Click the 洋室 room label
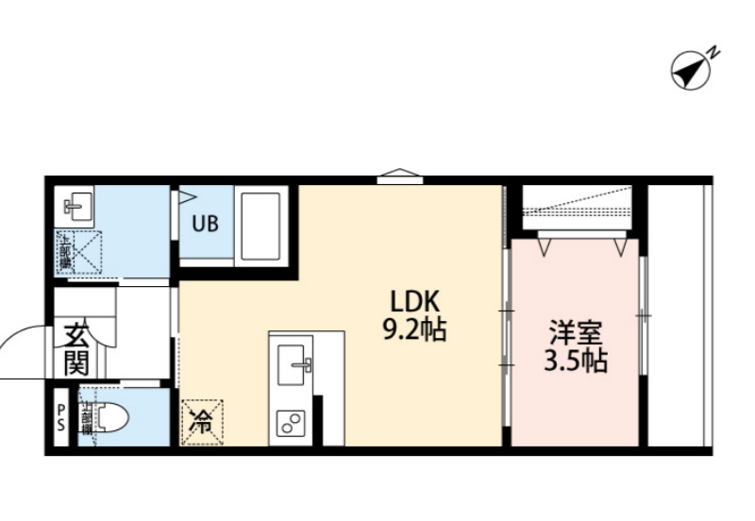[x=576, y=333]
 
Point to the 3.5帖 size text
[x=576, y=361]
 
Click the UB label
[x=205, y=225]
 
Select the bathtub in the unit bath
[x=261, y=227]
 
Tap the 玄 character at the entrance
[x=76, y=335]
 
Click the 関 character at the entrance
[x=76, y=361]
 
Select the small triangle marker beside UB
[x=187, y=198]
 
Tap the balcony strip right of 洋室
[x=679, y=316]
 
